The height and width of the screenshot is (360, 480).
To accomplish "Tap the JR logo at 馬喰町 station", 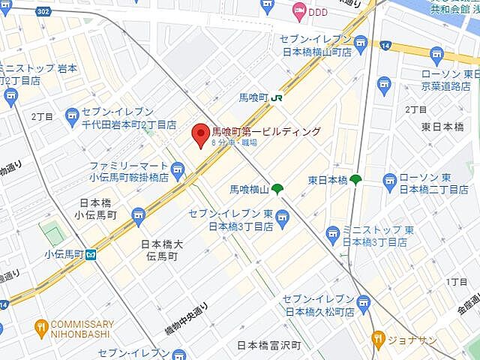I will coord(277,97).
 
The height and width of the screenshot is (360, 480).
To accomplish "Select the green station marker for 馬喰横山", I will coord(277,189).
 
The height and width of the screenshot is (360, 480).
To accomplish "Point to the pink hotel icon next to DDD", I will coord(299,10).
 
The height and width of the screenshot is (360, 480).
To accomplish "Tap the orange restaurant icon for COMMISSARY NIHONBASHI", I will coord(40,327).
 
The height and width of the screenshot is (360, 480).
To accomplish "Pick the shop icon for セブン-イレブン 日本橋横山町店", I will coord(361,44).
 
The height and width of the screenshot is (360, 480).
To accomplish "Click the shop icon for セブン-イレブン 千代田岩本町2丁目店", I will coord(72,115).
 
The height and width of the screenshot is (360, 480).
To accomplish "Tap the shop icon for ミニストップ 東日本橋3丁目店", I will coord(332,237).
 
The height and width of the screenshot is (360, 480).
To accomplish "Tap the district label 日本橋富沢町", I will coord(268,345).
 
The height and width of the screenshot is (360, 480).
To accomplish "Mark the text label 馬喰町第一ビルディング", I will coord(266,131).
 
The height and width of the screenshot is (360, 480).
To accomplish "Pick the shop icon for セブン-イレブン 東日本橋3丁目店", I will coord(282,219).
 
